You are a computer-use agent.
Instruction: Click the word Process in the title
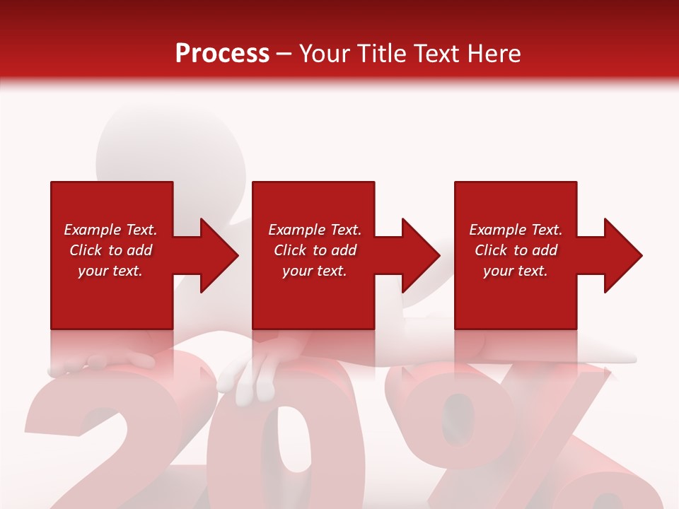pyautogui.click(x=222, y=54)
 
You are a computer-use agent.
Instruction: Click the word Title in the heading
pyautogui.click(x=380, y=54)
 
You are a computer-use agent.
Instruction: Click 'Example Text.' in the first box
pyautogui.click(x=110, y=230)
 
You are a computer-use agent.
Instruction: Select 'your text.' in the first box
pyautogui.click(x=110, y=271)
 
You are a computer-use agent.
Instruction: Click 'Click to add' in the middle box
pyautogui.click(x=315, y=250)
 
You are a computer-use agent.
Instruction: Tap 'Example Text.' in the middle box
pyautogui.click(x=315, y=230)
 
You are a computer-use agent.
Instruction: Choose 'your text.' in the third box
pyautogui.click(x=516, y=271)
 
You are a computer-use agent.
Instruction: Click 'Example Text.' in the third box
pyautogui.click(x=516, y=230)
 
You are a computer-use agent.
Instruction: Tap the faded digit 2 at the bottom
pyautogui.click(x=106, y=438)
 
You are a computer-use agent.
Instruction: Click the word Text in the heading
pyautogui.click(x=436, y=54)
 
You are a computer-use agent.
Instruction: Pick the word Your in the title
pyautogui.click(x=325, y=54)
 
